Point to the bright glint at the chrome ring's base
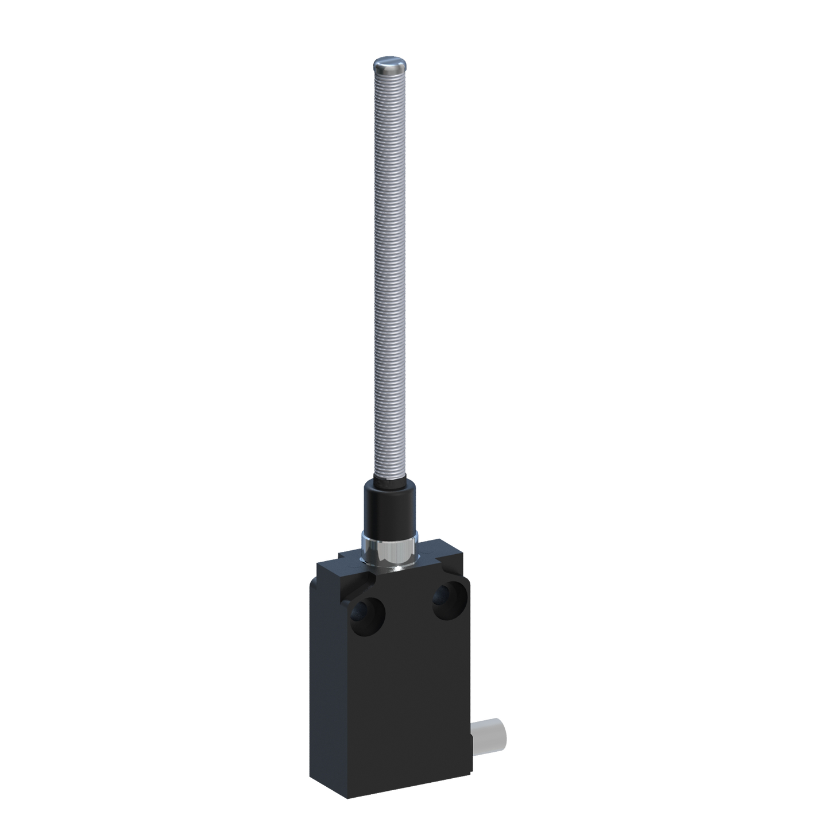tap(395, 569)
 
